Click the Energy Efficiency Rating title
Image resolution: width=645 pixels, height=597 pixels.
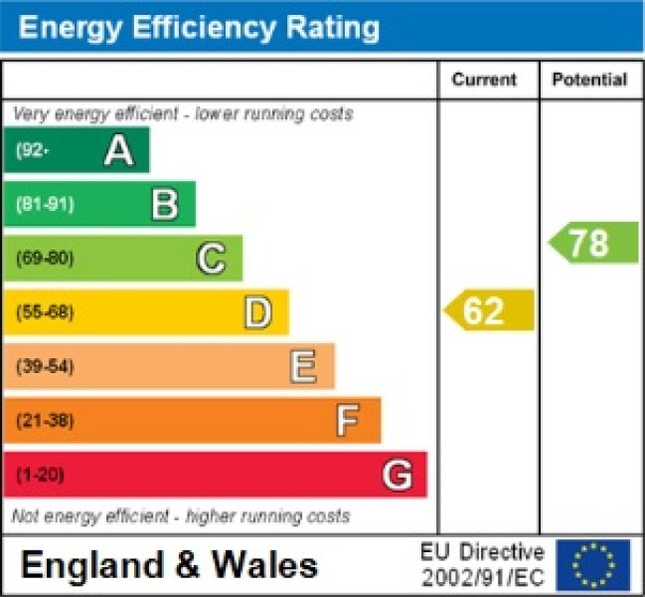pyautogui.click(x=199, y=28)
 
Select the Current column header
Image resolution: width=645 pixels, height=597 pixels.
pyautogui.click(x=484, y=80)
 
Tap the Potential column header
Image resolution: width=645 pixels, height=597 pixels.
pyautogui.click(x=589, y=80)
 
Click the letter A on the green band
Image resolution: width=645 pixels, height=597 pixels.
pyautogui.click(x=118, y=151)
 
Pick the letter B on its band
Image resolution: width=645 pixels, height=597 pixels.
pyautogui.click(x=165, y=205)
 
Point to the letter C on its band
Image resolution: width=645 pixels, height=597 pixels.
pyautogui.click(x=211, y=259)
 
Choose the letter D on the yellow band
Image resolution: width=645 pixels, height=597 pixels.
pyautogui.click(x=257, y=312)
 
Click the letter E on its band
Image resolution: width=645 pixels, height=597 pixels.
pyautogui.click(x=303, y=366)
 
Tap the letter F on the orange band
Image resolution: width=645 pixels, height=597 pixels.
pyautogui.click(x=346, y=421)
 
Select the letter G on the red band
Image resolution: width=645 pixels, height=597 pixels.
pyautogui.click(x=397, y=475)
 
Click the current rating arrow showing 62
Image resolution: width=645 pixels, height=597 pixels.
pyautogui.click(x=488, y=311)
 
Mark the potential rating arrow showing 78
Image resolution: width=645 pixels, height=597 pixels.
pyautogui.click(x=593, y=243)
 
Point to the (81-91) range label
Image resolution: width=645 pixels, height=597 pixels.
pyautogui.click(x=45, y=205)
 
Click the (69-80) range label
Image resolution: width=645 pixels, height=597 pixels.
pyautogui.click(x=45, y=259)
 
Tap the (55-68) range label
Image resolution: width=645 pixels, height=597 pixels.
pyautogui.click(x=45, y=312)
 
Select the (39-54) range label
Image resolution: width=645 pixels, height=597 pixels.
pyautogui.click(x=45, y=366)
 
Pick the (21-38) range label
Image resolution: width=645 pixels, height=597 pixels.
pyautogui.click(x=45, y=421)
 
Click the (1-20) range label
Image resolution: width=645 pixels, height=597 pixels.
pyautogui.click(x=40, y=475)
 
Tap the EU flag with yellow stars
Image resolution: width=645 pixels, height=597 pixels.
pyautogui.click(x=593, y=564)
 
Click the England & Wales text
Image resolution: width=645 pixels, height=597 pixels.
pyautogui.click(x=169, y=565)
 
